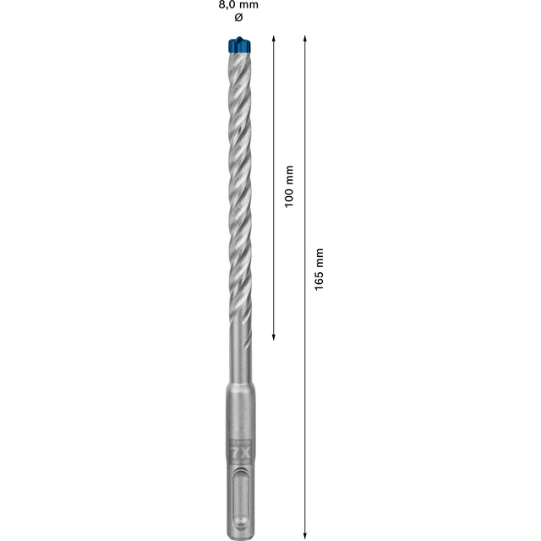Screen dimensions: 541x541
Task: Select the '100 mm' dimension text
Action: point(288,187)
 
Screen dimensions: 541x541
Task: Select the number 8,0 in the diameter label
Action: point(227,5)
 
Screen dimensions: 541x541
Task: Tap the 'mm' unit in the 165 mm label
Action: point(319,256)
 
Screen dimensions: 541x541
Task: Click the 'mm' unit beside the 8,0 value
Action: point(249,5)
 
